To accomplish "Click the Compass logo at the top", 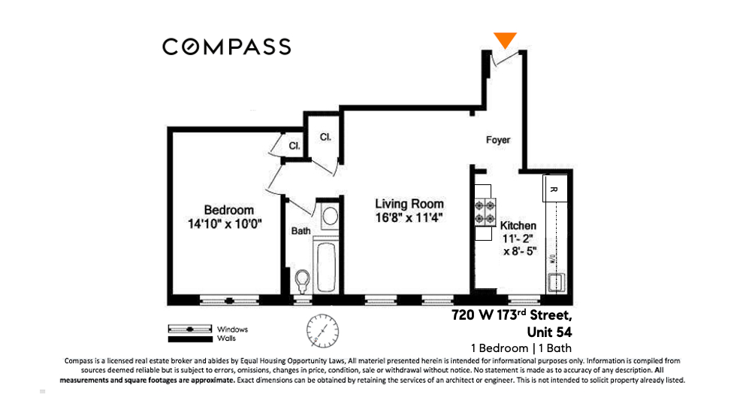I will coord(226,47).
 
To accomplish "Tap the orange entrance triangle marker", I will coord(506,41).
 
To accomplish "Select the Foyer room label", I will coord(497,140).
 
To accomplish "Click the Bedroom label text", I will coord(228,210).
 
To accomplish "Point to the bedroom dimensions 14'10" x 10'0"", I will coord(228,223).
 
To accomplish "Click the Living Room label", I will coord(409,204).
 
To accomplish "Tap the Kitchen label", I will coord(518,225).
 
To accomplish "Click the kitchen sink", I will coord(557,283).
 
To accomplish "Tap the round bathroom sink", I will coord(328,217).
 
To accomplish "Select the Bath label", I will coord(301,231).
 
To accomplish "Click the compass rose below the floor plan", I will coord(322,329).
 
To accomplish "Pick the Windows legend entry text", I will coord(232,329).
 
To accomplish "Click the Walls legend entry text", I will coord(227,339).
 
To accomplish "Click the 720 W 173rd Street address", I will coord(511,315).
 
